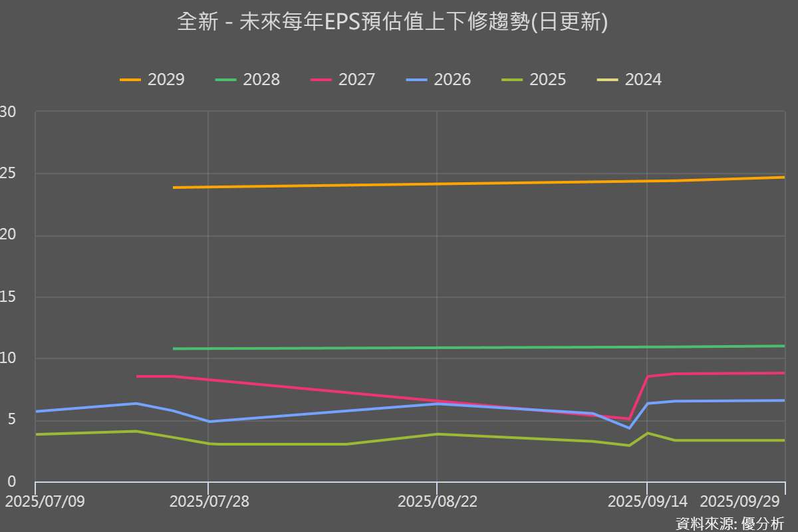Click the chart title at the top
pos(392,23)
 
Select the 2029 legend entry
pos(152,80)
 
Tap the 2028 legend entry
pos(248,80)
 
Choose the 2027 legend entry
pos(343,80)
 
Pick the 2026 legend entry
pos(439,80)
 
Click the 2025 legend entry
pos(534,80)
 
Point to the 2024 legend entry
pos(630,80)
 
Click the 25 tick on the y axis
pos(8,174)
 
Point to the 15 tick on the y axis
pos(8,297)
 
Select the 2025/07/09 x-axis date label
pos(45,501)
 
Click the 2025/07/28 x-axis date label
pos(209,501)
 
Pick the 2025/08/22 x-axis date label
pos(437,501)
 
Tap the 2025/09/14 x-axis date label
pos(648,501)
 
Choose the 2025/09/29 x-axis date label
pos(741,501)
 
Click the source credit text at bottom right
pos(730,523)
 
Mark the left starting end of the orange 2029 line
pos(174,188)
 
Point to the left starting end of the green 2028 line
pos(174,348)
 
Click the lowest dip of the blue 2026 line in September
pos(628,428)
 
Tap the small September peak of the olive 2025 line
pos(648,433)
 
